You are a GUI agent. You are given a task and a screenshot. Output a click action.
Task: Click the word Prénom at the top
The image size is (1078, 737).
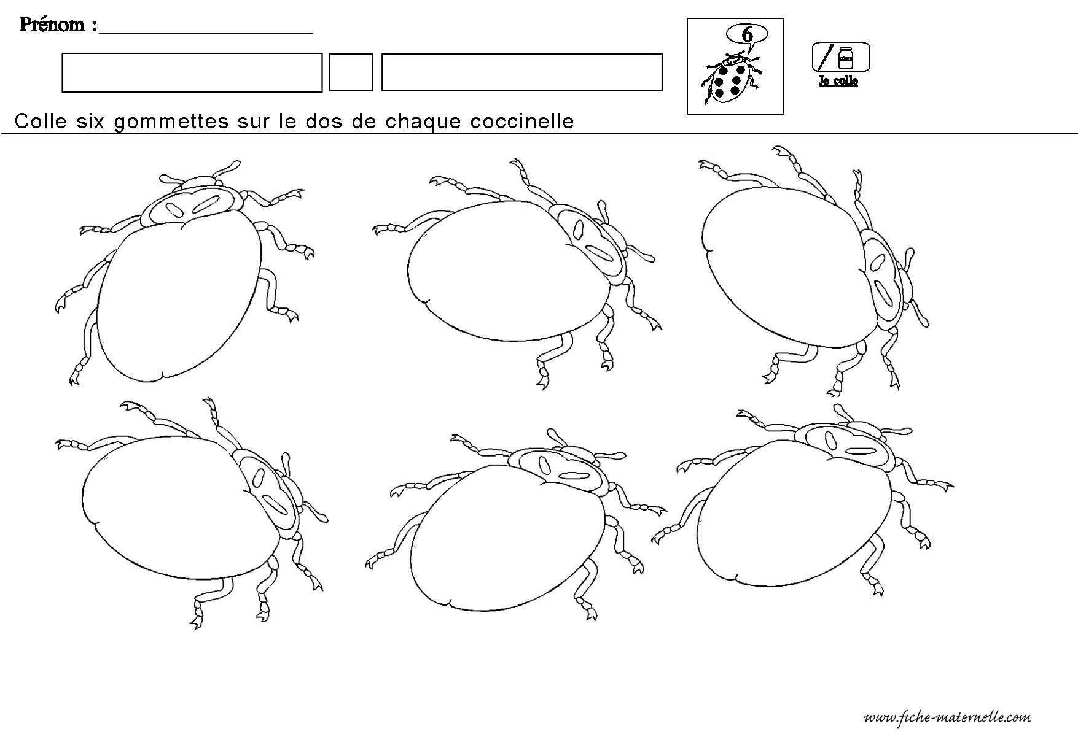pyautogui.click(x=53, y=25)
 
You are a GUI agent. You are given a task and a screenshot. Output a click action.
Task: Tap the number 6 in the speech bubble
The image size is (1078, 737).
pyautogui.click(x=747, y=34)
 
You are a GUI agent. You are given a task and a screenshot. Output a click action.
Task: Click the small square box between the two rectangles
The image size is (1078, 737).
pyautogui.click(x=351, y=72)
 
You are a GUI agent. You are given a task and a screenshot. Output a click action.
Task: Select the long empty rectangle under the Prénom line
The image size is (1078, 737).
pyautogui.click(x=192, y=72)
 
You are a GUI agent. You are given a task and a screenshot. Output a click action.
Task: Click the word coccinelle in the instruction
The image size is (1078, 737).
pyautogui.click(x=522, y=122)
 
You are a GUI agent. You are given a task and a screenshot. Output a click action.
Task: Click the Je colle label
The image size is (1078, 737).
pyautogui.click(x=838, y=81)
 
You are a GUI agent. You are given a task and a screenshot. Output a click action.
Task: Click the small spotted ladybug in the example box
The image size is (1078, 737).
pyautogui.click(x=731, y=79)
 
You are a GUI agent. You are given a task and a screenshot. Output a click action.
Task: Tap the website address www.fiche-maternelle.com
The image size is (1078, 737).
pyautogui.click(x=947, y=717)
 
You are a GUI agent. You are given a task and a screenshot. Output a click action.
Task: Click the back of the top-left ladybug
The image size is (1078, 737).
pyautogui.click(x=178, y=295)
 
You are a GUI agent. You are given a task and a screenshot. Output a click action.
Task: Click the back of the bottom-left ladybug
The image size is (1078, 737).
pyautogui.click(x=178, y=506)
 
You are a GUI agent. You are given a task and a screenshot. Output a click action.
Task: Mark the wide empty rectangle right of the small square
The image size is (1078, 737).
pyautogui.click(x=522, y=72)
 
